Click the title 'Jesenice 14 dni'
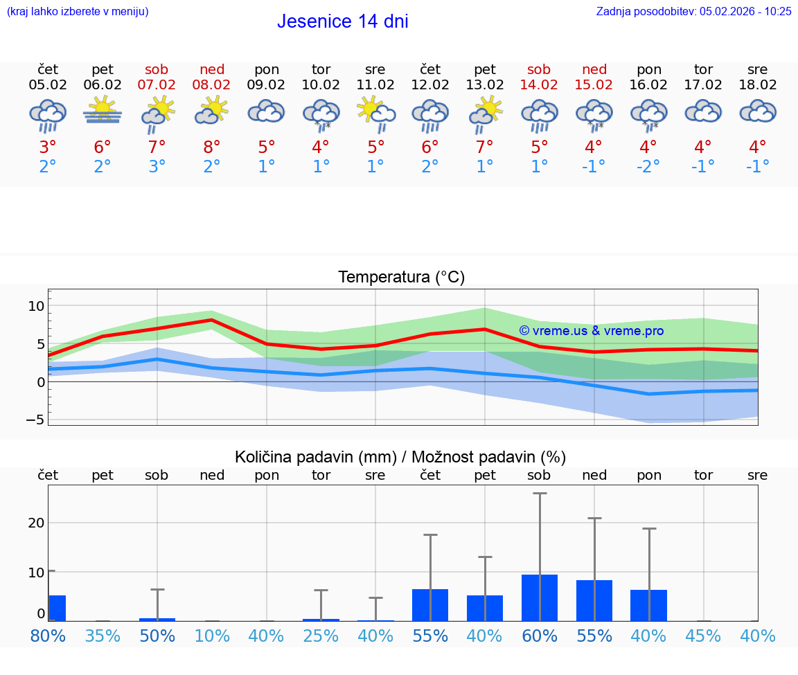coord(342,21)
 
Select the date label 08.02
coord(212,85)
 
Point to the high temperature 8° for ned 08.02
coord(212,147)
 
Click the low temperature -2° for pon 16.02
coord(648,167)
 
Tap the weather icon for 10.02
coord(321,114)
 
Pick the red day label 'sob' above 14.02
coord(539,69)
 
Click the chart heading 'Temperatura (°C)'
coord(401,278)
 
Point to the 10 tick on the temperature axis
coord(36,306)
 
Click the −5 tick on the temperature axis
coord(36,420)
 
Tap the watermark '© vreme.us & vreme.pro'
coord(591,331)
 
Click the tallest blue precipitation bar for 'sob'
coord(539,597)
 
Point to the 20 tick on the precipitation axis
coord(36,523)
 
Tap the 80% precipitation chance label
coord(48,636)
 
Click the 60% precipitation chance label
coord(539,636)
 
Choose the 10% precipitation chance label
coord(212,636)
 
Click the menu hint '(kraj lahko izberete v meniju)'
coord(77,11)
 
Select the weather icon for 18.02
coord(757,112)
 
